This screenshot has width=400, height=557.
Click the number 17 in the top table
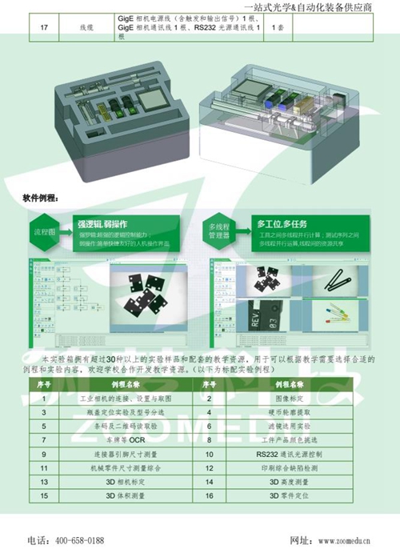click(x=45, y=26)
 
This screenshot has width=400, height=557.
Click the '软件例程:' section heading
click(x=41, y=196)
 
